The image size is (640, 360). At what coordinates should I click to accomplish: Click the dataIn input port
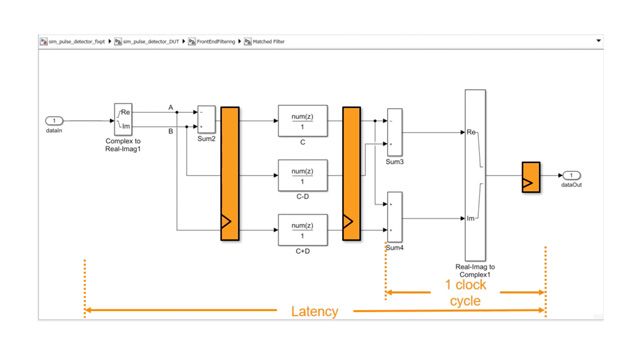pos(56,121)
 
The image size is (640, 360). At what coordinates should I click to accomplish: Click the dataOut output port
pos(570,176)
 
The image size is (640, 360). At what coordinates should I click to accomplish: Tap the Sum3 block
pos(394,130)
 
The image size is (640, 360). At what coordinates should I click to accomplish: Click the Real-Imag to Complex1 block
pos(475,174)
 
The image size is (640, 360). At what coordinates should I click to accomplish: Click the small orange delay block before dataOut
pos(530,176)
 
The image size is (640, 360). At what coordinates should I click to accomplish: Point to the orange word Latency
pos(314,312)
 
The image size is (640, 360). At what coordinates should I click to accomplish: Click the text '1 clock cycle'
pos(467,292)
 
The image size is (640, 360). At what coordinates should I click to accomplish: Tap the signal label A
pos(171,107)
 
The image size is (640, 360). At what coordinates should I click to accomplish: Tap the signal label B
pos(171,129)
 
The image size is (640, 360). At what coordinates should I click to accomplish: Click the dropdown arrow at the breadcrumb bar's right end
pos(597,42)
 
